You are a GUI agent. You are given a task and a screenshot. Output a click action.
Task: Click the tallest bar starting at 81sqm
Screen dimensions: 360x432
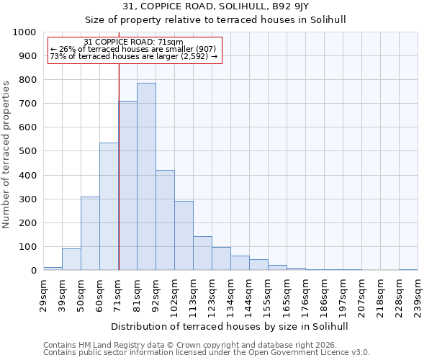coord(146,176)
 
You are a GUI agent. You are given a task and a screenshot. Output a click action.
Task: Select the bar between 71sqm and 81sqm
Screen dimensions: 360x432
coord(127,186)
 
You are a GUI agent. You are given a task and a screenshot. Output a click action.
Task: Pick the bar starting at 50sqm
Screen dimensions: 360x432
coord(90,233)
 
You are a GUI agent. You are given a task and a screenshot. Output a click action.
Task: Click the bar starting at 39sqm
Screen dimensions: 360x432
coord(71,259)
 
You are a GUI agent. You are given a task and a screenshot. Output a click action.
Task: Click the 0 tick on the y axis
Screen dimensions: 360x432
coord(33,271)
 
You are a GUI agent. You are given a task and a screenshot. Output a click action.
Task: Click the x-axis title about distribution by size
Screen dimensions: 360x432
coord(230,326)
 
